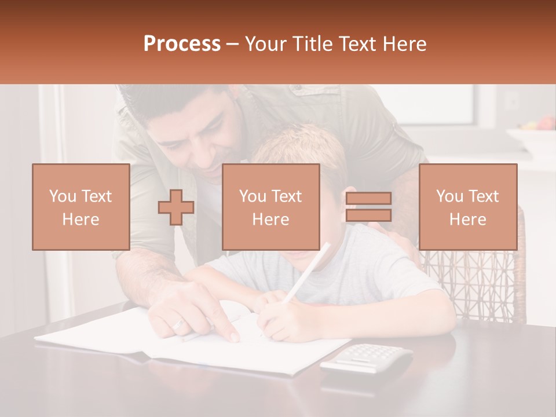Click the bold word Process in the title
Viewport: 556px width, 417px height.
182,44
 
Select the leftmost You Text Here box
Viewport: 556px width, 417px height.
81,207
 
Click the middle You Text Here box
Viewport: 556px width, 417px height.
271,207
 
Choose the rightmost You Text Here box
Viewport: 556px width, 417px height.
468,207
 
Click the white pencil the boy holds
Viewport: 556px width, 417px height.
307,272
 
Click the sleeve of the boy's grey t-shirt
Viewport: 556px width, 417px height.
405,278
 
